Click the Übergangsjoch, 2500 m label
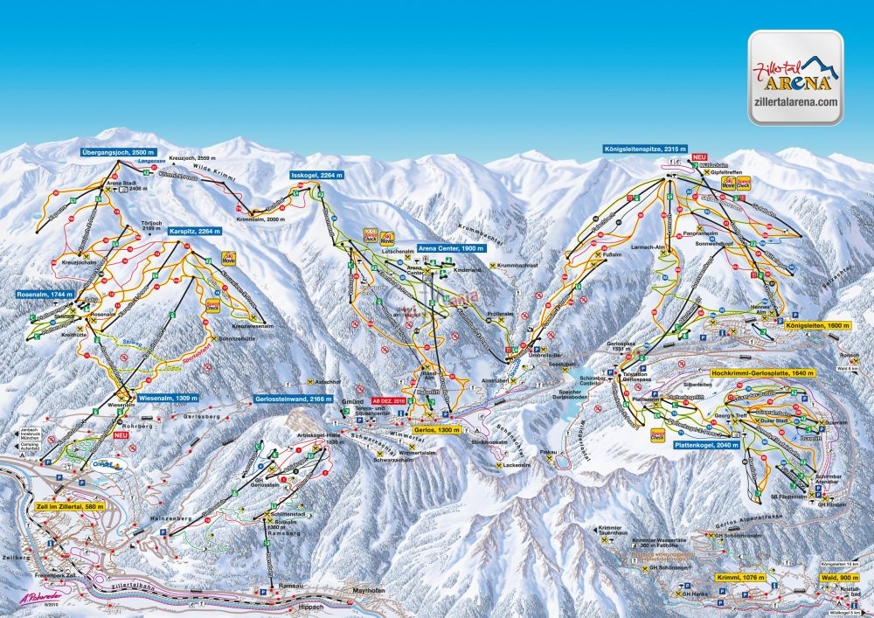click(118, 151)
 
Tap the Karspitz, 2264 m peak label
click(195, 231)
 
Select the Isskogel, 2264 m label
click(317, 175)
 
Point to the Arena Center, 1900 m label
click(451, 247)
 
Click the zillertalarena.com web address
click(794, 102)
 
